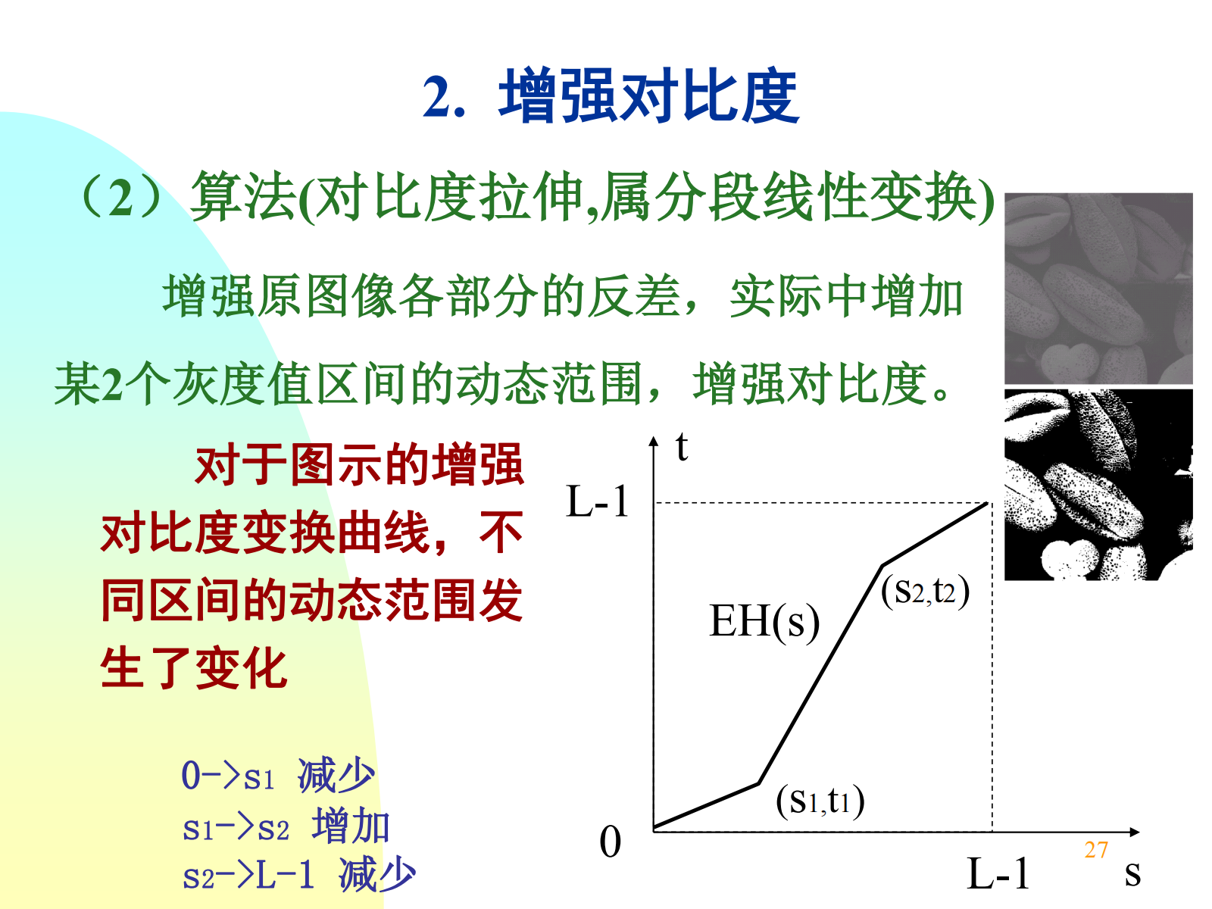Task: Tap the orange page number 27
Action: click(x=1096, y=850)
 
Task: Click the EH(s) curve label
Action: click(x=764, y=621)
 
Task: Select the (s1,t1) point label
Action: click(x=820, y=801)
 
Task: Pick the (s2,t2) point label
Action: click(x=925, y=591)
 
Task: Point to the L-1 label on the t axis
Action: click(x=598, y=501)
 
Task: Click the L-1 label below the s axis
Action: click(x=998, y=873)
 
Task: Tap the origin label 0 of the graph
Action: click(x=610, y=842)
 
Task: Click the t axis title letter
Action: click(x=682, y=446)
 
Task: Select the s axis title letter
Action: click(x=1132, y=873)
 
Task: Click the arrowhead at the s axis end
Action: click(x=1135, y=832)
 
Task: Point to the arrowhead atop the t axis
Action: click(x=654, y=440)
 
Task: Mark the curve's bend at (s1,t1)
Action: click(x=759, y=783)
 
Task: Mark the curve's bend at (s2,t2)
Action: click(x=882, y=566)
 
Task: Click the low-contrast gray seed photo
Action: click(x=1098, y=288)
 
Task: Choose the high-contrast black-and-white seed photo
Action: click(x=1098, y=485)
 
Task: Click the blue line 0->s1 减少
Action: click(x=278, y=776)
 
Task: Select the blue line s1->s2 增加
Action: click(x=286, y=825)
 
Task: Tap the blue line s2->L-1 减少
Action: click(x=298, y=874)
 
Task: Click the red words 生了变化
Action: click(x=194, y=668)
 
